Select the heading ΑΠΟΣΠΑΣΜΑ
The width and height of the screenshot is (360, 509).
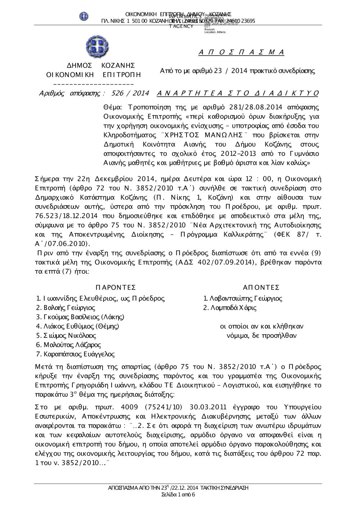(x=242, y=53)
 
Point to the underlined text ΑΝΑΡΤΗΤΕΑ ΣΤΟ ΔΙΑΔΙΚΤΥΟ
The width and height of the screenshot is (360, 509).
(x=238, y=94)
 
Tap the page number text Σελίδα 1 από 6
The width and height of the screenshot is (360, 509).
(x=179, y=495)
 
